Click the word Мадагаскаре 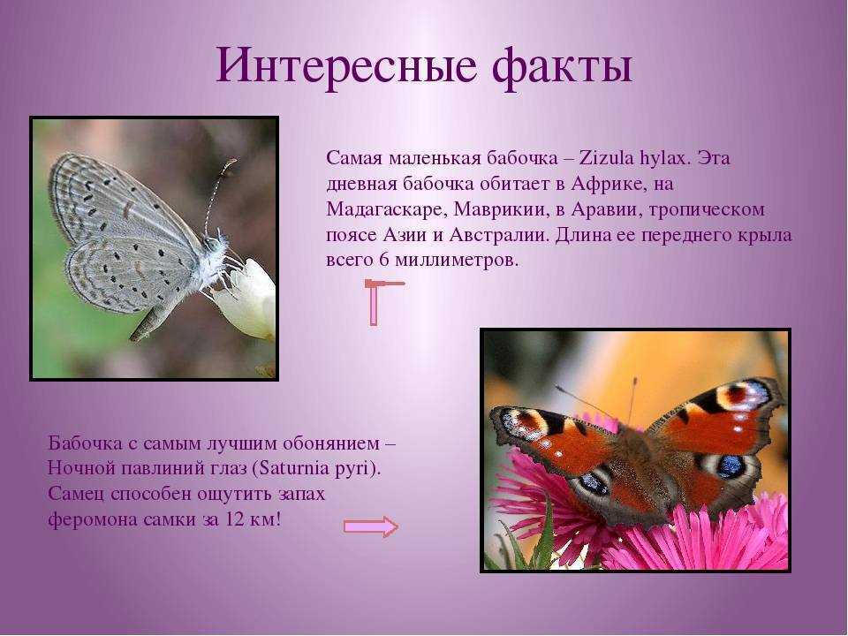click(x=383, y=210)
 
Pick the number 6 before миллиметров click(x=384, y=260)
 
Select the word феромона click(x=92, y=520)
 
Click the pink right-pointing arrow click(x=371, y=526)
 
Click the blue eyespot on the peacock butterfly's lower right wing click(x=731, y=466)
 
